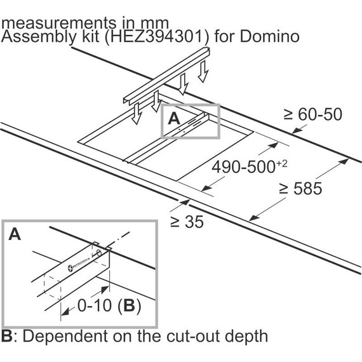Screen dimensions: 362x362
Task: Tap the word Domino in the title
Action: tap(270, 36)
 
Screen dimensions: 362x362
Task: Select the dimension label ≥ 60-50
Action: tap(313, 114)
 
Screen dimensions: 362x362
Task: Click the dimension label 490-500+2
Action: tap(250, 166)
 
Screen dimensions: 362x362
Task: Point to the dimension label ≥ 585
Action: tap(300, 188)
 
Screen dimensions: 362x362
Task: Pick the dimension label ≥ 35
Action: tap(187, 222)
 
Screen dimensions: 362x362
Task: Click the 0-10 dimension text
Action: tap(95, 305)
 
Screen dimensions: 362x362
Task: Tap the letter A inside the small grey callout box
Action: tap(174, 119)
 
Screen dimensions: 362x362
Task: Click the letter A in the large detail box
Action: tap(15, 234)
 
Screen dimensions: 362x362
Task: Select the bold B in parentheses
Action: tap(129, 305)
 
